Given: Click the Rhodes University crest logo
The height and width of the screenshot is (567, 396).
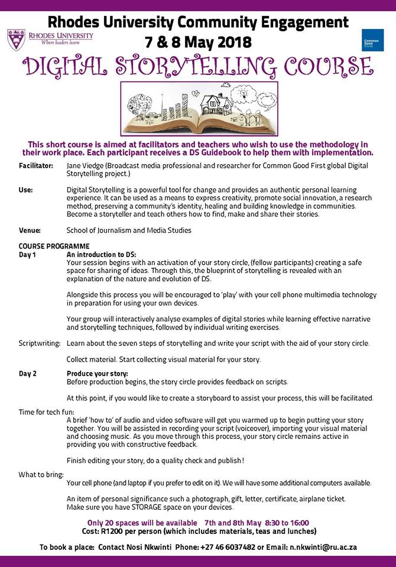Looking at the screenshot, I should [15, 40].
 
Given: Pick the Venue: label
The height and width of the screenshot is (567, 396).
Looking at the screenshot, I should [30, 230].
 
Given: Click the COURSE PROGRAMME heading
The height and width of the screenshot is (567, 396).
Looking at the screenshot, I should [54, 246].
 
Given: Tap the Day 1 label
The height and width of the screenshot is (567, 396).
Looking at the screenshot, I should [28, 254].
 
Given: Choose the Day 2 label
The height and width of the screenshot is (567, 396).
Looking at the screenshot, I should [28, 373].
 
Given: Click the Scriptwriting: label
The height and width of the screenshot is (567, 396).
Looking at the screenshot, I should [40, 343].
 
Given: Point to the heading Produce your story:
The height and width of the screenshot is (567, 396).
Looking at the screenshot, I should [97, 373].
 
